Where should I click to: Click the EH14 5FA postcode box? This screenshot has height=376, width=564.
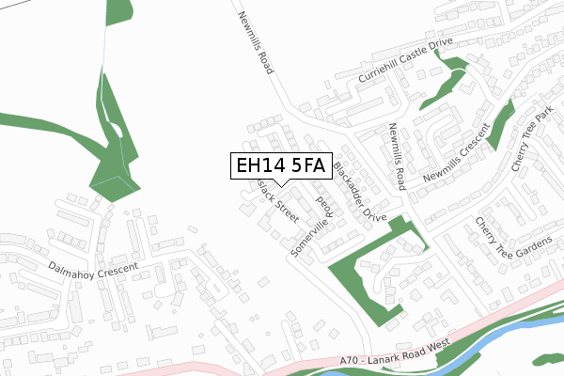pos(279,166)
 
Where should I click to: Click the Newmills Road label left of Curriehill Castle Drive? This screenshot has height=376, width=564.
pos(256,42)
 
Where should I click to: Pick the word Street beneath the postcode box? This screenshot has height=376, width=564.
pos(285,207)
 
